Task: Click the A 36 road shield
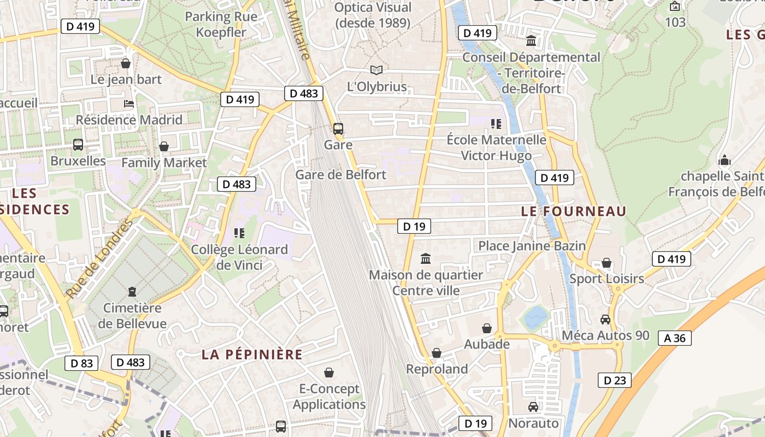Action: [x=675, y=338]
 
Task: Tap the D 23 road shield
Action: [x=615, y=380]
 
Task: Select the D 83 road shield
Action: [x=82, y=363]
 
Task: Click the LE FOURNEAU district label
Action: [x=574, y=211]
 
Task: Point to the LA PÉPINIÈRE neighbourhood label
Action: [x=252, y=355]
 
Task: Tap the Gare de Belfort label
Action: [x=340, y=175]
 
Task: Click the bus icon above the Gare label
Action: [x=338, y=129]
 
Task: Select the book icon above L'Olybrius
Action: [x=376, y=70]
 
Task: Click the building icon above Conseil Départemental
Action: [x=531, y=41]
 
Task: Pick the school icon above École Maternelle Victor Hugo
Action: [x=496, y=124]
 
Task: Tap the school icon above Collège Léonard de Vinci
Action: [x=239, y=233]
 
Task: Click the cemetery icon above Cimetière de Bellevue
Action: [x=132, y=292]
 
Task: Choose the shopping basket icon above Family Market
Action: [x=163, y=146]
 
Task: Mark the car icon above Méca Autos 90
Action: [x=605, y=319]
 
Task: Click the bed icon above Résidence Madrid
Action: [x=129, y=104]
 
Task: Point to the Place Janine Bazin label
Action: [x=532, y=246]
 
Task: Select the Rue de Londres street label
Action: [x=99, y=259]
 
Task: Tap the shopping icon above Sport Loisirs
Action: [x=607, y=263]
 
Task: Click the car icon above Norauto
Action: [x=533, y=407]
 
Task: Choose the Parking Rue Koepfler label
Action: [x=222, y=24]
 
